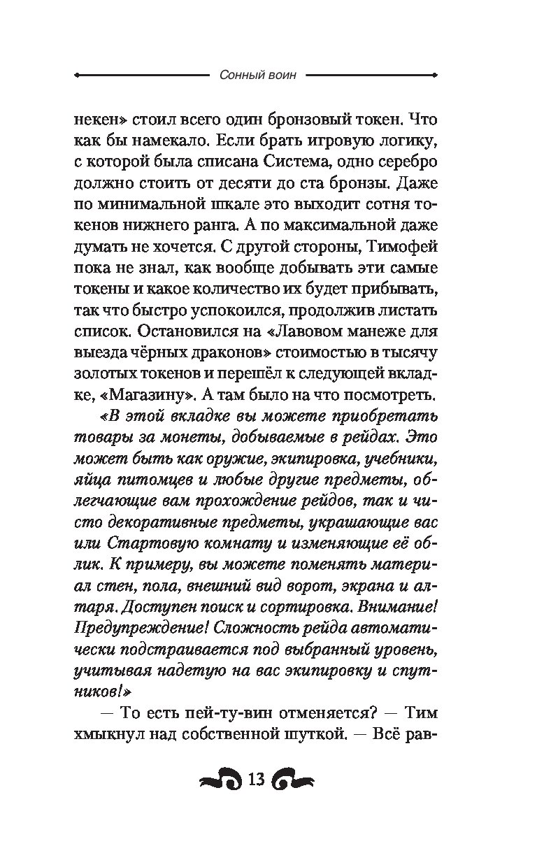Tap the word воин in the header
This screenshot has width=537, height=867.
(x=280, y=76)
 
